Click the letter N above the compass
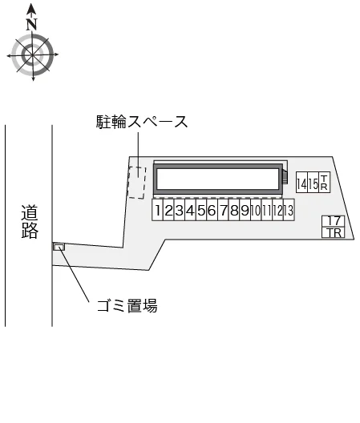pyautogui.click(x=31, y=24)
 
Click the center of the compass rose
pyautogui.click(x=33, y=55)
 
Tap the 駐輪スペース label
pyautogui.click(x=142, y=122)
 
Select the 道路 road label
pyautogui.click(x=30, y=222)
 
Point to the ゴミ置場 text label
pyautogui.click(x=127, y=306)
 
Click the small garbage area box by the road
pyautogui.click(x=59, y=247)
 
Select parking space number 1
pyautogui.click(x=157, y=210)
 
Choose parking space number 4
pyautogui.click(x=190, y=210)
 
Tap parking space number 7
pyautogui.click(x=223, y=210)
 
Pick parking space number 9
pyautogui.click(x=245, y=210)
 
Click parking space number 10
pyautogui.click(x=256, y=210)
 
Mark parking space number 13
pyautogui.click(x=289, y=210)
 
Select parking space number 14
pyautogui.click(x=301, y=183)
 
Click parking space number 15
pyautogui.click(x=313, y=183)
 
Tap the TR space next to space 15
pyautogui.click(x=325, y=183)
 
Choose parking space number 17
pyautogui.click(x=334, y=221)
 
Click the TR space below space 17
pyautogui.click(x=334, y=232)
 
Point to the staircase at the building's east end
pyautogui.click(x=285, y=177)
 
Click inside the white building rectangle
pyautogui.click(x=218, y=179)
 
